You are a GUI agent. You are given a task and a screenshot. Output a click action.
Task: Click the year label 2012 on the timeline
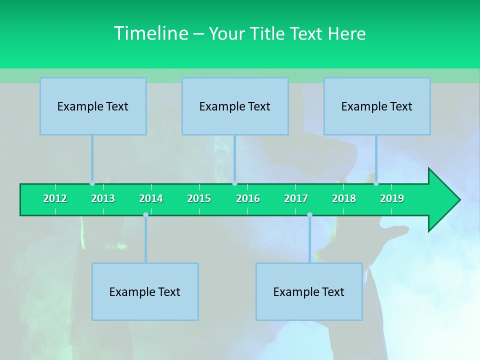(55, 198)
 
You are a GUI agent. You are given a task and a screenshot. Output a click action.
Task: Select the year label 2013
(103, 198)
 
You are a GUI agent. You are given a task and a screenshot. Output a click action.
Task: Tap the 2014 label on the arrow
(151, 198)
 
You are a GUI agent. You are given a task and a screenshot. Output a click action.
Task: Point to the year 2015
(199, 198)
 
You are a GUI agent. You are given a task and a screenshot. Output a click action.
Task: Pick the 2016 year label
(248, 198)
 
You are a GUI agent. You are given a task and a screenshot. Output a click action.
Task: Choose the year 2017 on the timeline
(296, 198)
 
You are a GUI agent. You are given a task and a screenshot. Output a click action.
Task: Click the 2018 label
(344, 198)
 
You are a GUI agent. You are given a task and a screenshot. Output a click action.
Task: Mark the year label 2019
(392, 198)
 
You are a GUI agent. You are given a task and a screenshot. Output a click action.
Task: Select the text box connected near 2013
(93, 106)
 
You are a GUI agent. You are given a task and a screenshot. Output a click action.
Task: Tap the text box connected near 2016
(235, 106)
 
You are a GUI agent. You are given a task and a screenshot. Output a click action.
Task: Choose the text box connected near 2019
(377, 106)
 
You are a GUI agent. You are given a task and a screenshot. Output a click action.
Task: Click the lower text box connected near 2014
(145, 291)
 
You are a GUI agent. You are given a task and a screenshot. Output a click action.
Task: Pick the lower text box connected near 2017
(309, 291)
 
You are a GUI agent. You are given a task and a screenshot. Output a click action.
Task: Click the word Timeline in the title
(150, 33)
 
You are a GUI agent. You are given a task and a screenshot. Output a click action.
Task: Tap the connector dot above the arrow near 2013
(92, 183)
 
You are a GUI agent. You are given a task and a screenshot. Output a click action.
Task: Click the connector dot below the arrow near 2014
(145, 215)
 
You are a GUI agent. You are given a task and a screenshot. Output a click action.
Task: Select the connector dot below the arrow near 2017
(309, 215)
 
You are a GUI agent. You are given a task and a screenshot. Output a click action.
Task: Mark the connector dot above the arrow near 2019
(376, 183)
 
